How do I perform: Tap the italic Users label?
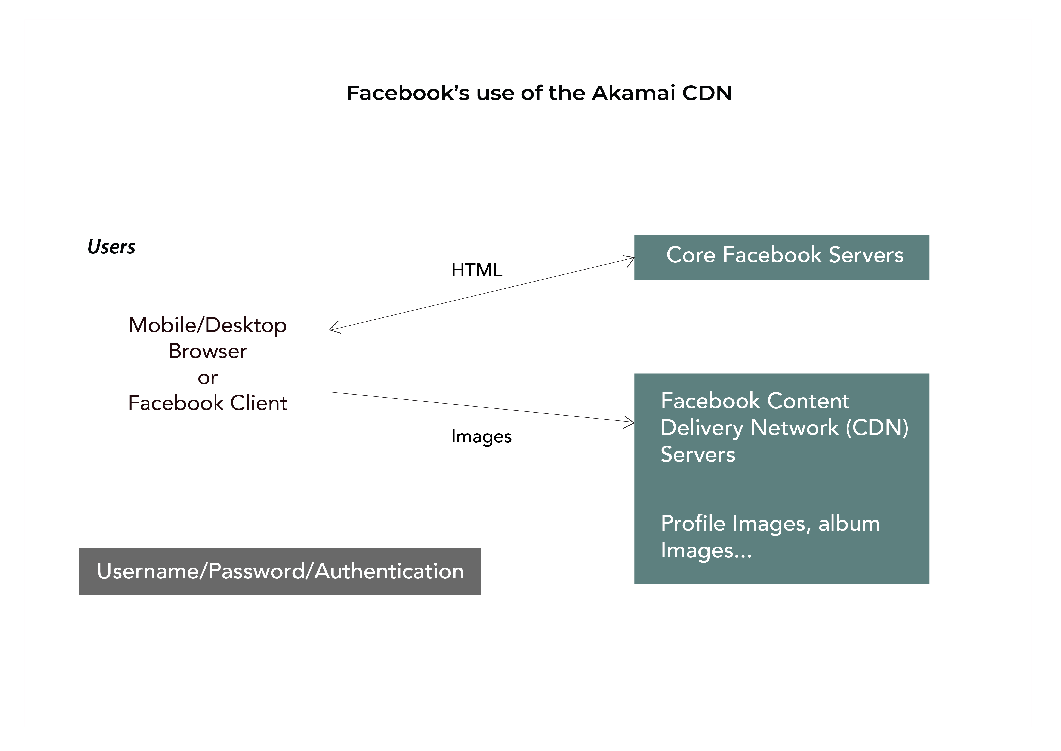tap(111, 247)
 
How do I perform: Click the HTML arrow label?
tap(476, 270)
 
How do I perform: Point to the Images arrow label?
tap(481, 437)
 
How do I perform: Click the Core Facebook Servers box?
tap(781, 258)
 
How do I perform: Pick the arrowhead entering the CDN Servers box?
tap(630, 422)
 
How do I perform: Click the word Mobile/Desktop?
tap(207, 325)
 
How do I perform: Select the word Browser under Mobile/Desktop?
tap(207, 352)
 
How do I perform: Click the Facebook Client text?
tap(207, 403)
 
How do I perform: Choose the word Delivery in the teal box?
tap(702, 428)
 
